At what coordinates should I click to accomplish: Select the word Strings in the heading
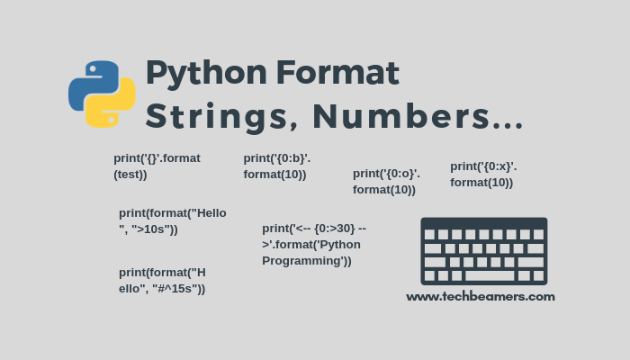click(221, 116)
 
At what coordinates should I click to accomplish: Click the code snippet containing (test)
click(157, 166)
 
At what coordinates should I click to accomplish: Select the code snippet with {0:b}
click(277, 166)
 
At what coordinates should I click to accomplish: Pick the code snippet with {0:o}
click(386, 181)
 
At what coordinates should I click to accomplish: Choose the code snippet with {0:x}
click(483, 174)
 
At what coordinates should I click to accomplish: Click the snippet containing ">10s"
click(173, 220)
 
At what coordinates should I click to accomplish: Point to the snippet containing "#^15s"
click(163, 280)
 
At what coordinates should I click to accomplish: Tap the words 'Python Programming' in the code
click(310, 252)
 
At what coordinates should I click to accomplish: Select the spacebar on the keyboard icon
click(490, 275)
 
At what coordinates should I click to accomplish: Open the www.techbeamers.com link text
click(480, 296)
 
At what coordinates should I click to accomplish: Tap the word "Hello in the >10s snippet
click(209, 212)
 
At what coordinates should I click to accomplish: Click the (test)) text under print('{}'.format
click(130, 174)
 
